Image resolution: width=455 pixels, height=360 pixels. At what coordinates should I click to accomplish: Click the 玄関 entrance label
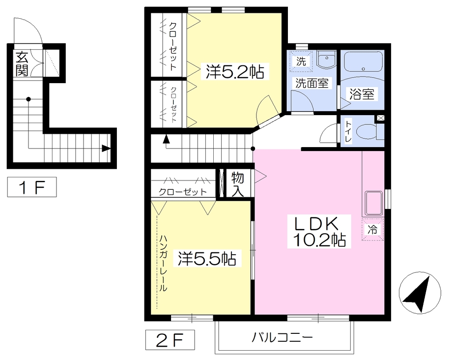pyautogui.click(x=21, y=64)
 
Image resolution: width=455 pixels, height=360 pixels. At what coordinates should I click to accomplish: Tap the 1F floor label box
pyautogui.click(x=32, y=187)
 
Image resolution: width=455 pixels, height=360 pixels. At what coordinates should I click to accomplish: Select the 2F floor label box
pyautogui.click(x=170, y=340)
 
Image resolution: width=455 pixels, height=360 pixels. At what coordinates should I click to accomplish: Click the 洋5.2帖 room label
pyautogui.click(x=235, y=72)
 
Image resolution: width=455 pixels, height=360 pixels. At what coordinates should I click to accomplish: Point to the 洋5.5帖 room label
pyautogui.click(x=207, y=258)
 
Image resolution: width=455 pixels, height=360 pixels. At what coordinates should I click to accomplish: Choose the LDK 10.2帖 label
pyautogui.click(x=319, y=232)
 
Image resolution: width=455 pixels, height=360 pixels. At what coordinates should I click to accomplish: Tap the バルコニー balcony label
pyautogui.click(x=282, y=337)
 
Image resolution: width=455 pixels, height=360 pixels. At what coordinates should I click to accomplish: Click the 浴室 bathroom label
pyautogui.click(x=362, y=94)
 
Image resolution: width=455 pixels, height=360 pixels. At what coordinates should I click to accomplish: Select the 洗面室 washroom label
pyautogui.click(x=312, y=83)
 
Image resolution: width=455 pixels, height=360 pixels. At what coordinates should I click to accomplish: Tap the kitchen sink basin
pyautogui.click(x=373, y=203)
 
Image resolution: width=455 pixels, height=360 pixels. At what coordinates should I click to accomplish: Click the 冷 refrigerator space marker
pyautogui.click(x=372, y=230)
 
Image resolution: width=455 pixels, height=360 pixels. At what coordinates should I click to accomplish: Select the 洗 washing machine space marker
pyautogui.click(x=301, y=61)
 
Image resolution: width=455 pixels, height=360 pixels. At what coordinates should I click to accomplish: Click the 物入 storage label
pyautogui.click(x=238, y=184)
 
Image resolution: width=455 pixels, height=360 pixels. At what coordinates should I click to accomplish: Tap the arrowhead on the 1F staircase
pyautogui.click(x=106, y=148)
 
